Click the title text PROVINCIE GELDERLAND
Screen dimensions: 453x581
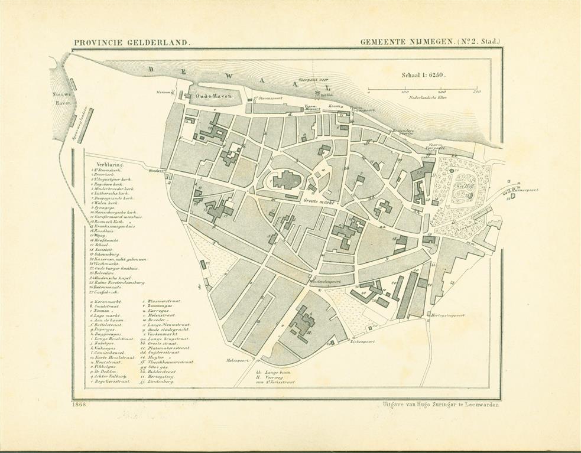(x=131, y=43)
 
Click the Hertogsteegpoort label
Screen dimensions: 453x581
(x=448, y=315)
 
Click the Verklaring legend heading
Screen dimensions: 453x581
(x=102, y=166)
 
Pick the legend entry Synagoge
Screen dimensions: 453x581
(x=108, y=207)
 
